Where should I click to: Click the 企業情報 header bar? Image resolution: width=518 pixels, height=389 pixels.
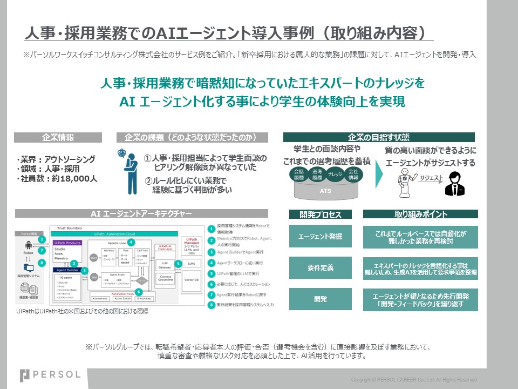(x=58, y=137)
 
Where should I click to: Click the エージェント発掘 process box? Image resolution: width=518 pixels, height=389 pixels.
(x=321, y=236)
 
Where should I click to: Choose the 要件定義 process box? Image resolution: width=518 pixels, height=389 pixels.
(x=321, y=267)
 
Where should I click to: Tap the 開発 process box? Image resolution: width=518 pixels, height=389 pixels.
(x=321, y=299)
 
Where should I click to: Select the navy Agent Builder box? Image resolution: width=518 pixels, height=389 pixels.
(x=67, y=270)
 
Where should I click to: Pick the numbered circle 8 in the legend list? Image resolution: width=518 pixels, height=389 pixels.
(x=211, y=305)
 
